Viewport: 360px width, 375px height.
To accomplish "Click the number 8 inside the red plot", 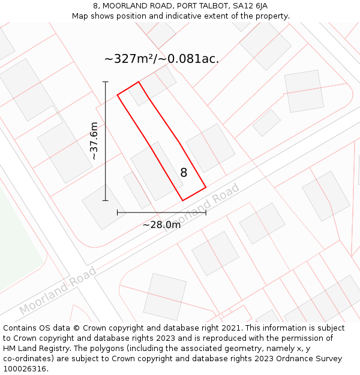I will [184, 173].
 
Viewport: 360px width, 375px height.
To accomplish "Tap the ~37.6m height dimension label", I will [94, 141].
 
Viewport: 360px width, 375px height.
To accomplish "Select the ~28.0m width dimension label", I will [161, 225].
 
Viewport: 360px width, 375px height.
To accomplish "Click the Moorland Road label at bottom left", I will [58, 291].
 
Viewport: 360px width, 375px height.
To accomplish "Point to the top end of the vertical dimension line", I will [106, 82].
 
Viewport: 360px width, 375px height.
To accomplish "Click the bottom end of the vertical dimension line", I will [106, 200].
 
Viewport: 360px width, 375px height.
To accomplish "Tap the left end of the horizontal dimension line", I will [118, 212].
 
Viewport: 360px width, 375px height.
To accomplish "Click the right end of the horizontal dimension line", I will [206, 212].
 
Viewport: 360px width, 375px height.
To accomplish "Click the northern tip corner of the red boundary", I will [139, 82].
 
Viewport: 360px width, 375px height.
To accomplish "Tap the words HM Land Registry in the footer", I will [32, 349].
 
